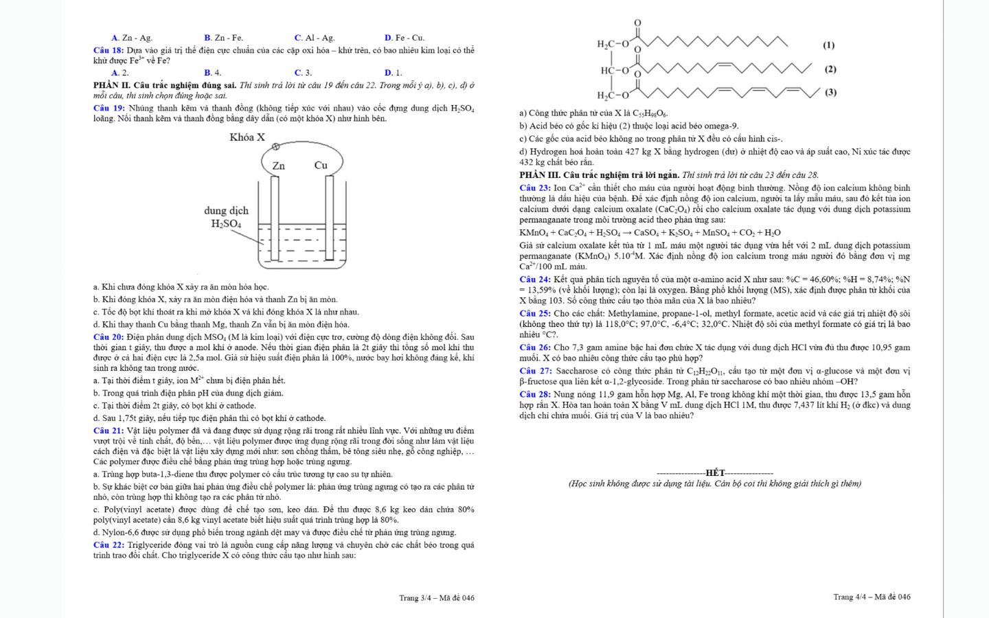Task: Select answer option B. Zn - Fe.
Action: (x=223, y=38)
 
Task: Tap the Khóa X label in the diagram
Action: (x=247, y=137)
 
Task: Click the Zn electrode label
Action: (x=278, y=165)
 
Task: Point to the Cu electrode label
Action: (x=321, y=165)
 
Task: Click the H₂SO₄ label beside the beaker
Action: (x=226, y=224)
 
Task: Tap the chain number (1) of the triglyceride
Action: (x=829, y=45)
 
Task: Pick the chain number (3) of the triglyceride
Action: (x=830, y=92)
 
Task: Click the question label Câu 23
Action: (x=535, y=188)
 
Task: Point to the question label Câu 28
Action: (x=535, y=395)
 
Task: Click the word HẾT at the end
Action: (x=715, y=473)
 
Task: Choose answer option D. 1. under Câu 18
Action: (x=393, y=73)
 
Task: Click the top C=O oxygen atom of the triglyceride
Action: (x=637, y=23)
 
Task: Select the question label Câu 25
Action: (x=535, y=314)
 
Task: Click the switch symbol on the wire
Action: (x=276, y=146)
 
